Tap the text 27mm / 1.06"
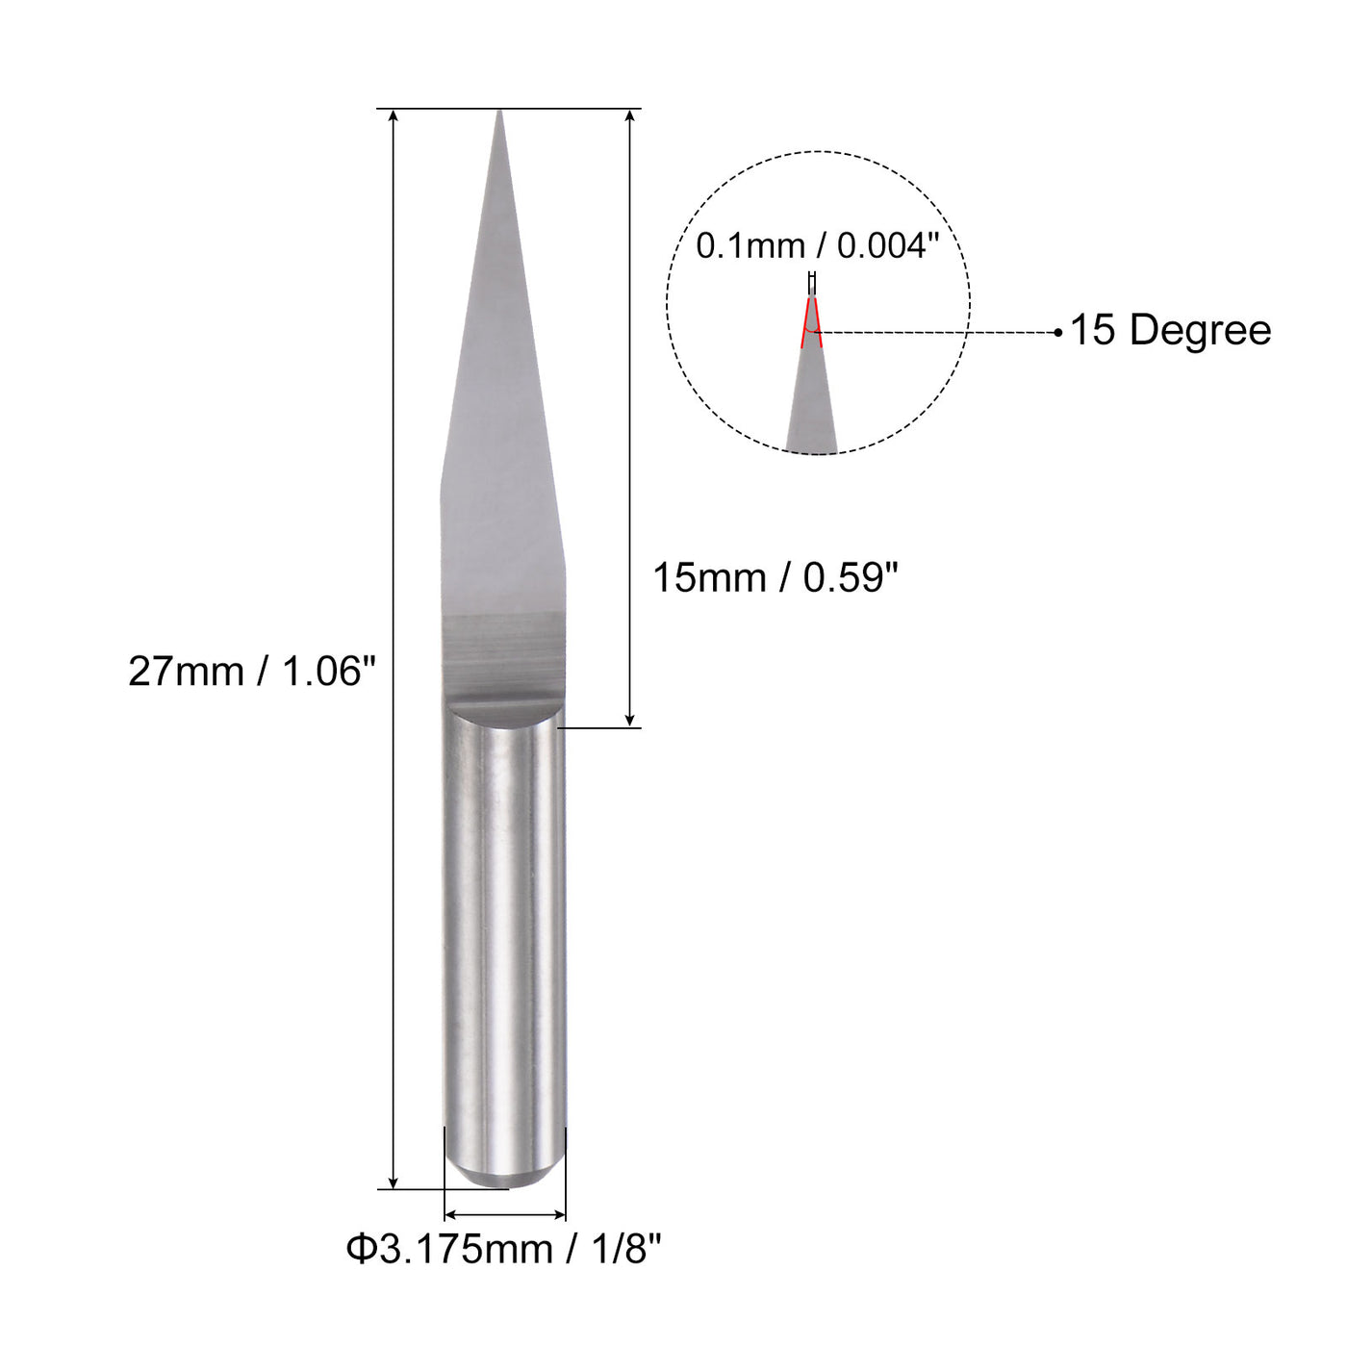click(252, 672)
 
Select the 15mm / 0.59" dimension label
click(775, 578)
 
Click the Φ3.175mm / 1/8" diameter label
click(504, 1250)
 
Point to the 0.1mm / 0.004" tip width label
click(817, 246)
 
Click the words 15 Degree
click(1170, 330)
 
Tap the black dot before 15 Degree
click(1058, 333)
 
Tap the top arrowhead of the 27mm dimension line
click(394, 116)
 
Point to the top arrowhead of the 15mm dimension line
click(629, 116)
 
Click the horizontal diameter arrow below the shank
click(504, 1215)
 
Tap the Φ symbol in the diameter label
click(360, 1250)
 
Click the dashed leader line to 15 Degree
click(938, 333)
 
